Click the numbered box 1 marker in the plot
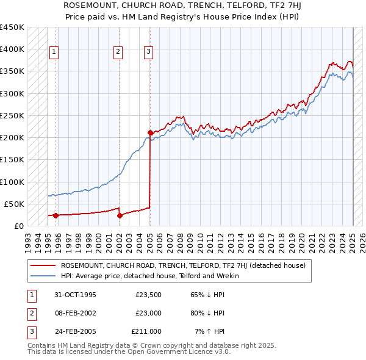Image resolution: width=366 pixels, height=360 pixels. pos(54,52)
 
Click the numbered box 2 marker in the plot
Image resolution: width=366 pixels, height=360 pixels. pos(118,52)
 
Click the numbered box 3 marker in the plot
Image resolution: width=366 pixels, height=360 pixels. pos(149,52)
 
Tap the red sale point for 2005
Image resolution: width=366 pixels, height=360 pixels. pos(149,132)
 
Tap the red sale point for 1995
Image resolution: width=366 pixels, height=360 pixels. pos(56,215)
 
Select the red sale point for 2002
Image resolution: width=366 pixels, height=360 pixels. pos(120,215)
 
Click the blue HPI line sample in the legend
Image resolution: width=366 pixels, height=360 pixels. pos(43,276)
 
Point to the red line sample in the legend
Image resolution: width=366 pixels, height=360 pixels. pos(43,265)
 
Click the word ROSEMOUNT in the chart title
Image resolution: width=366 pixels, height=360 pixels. pos(86,5)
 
